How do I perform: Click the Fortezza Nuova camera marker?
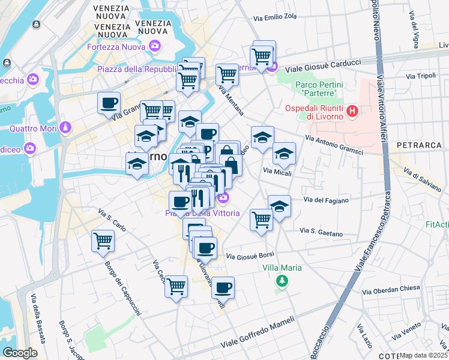[155, 46]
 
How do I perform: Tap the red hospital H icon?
[352, 111]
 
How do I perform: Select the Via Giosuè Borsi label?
[250, 257]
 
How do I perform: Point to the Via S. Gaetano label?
[321, 232]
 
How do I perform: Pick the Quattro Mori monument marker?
[65, 128]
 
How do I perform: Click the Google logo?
[20, 353]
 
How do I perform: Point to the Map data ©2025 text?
[423, 355]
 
